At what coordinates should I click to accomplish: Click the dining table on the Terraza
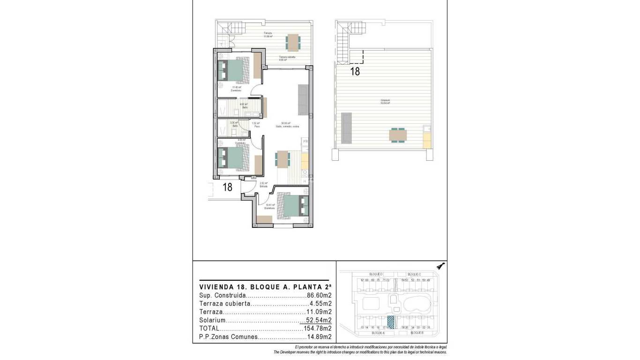click(x=294, y=42)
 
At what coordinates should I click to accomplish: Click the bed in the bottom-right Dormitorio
click(x=291, y=205)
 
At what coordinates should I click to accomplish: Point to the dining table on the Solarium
click(x=398, y=135)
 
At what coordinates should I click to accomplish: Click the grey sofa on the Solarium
click(x=347, y=127)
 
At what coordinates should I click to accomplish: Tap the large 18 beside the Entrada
click(x=228, y=187)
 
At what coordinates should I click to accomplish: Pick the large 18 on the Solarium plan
click(x=355, y=72)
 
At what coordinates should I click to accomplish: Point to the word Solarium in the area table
click(x=213, y=321)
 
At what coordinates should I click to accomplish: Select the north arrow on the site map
click(x=440, y=266)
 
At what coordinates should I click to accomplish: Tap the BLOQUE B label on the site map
click(x=417, y=333)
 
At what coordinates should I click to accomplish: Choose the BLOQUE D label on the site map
click(x=376, y=274)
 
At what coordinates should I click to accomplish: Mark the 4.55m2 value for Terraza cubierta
click(x=321, y=304)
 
